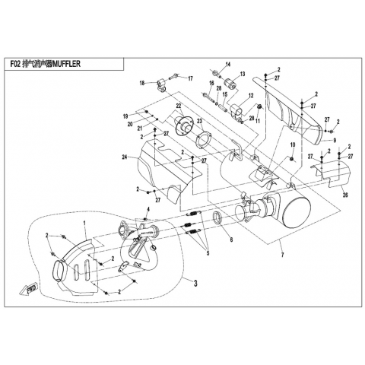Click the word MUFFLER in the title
click(x=66, y=64)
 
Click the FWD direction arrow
click(x=29, y=290)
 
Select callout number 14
click(x=228, y=65)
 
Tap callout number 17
click(x=190, y=78)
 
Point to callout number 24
click(x=125, y=157)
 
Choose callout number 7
click(x=283, y=255)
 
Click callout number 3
click(x=195, y=283)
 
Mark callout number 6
click(x=231, y=240)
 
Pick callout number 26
click(x=345, y=195)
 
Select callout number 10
click(x=293, y=144)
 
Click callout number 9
click(x=335, y=140)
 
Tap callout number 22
click(x=179, y=106)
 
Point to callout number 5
click(x=208, y=252)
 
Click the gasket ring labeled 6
click(x=218, y=220)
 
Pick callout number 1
click(x=84, y=224)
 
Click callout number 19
click(x=125, y=116)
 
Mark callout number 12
click(x=251, y=96)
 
